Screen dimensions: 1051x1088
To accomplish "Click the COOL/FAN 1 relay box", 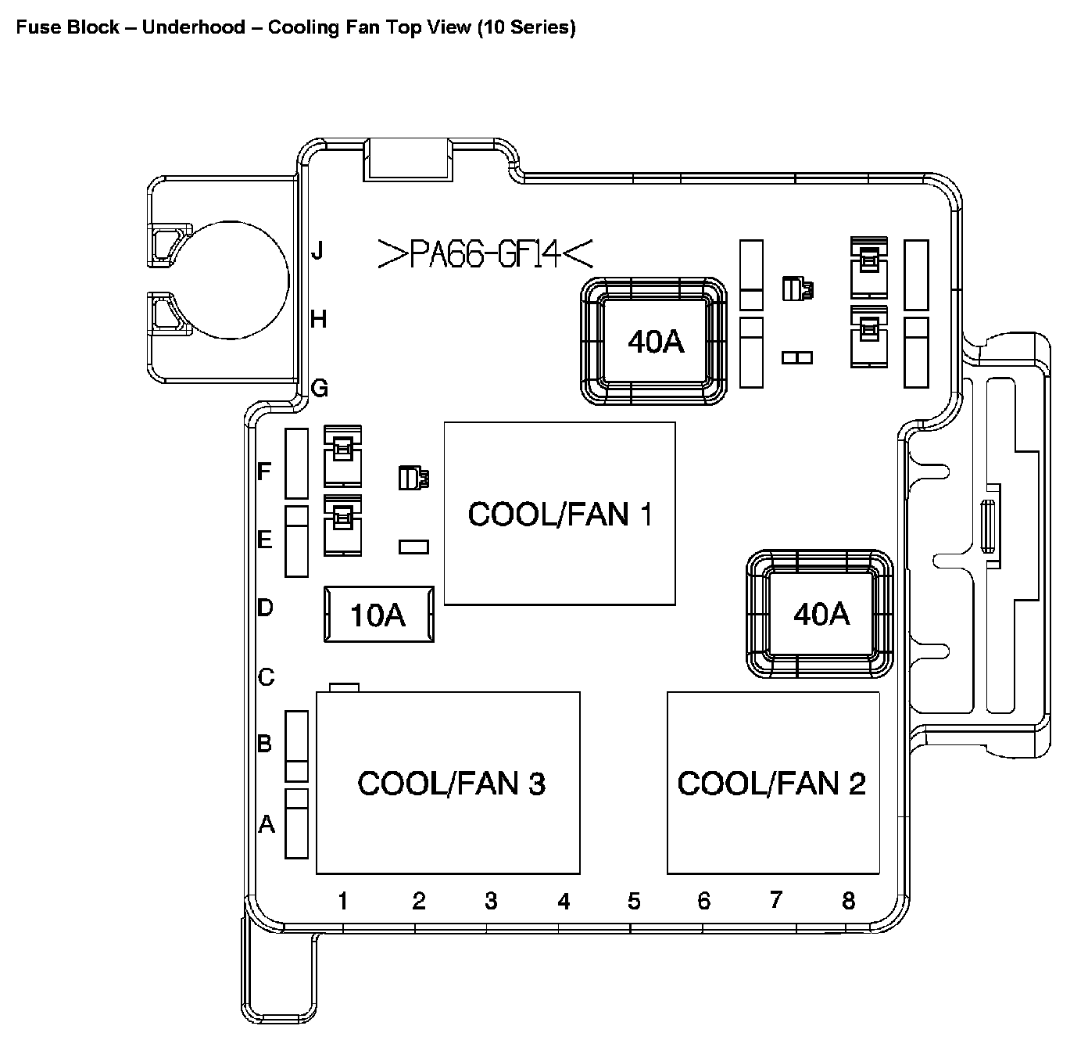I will (559, 513).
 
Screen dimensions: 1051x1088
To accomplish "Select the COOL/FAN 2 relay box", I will (772, 782).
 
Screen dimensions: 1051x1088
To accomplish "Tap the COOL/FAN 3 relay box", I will (448, 782).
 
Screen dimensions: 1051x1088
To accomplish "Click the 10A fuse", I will (378, 615).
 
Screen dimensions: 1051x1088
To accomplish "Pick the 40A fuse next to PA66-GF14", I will (655, 341).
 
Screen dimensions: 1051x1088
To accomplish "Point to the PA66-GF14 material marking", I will (485, 253).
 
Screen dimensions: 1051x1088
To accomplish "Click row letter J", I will (317, 252).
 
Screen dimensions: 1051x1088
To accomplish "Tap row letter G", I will (319, 388).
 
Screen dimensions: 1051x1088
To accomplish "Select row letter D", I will (265, 607).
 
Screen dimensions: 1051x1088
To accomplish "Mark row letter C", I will (266, 676).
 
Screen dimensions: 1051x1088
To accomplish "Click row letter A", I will (267, 823).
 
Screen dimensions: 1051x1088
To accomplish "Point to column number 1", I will (342, 902).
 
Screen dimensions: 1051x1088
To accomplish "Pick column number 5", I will (633, 902).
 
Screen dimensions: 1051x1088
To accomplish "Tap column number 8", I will (848, 901).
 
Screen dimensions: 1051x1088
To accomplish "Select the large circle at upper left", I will (238, 279).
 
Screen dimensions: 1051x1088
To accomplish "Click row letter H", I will (318, 319).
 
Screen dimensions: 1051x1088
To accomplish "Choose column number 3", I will (490, 902).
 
